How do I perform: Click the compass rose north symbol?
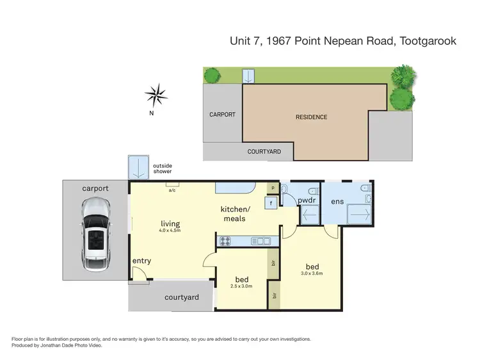coord(156,96)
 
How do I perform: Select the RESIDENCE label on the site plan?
coord(311,117)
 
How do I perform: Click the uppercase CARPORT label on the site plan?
coord(222,115)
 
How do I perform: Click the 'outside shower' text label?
coord(162,169)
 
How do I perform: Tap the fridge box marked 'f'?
coord(272,203)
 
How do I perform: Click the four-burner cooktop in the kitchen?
coord(227,241)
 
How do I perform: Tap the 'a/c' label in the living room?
coord(172,190)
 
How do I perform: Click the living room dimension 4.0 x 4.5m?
coord(170,231)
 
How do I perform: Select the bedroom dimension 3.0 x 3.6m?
coord(312,274)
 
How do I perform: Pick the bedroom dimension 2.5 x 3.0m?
coord(241,286)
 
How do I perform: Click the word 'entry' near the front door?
coord(141,261)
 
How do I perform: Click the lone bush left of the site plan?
coord(211,76)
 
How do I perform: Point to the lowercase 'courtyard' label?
coord(182,297)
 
